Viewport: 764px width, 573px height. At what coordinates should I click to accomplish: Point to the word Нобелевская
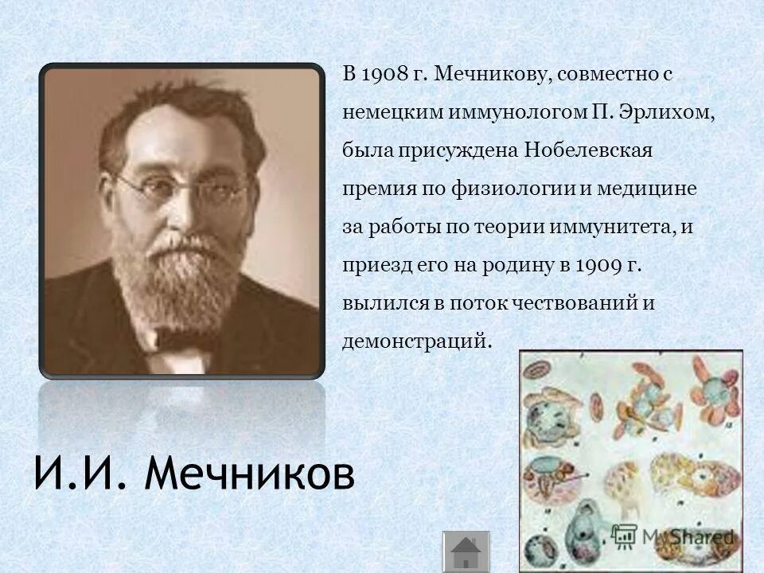587,151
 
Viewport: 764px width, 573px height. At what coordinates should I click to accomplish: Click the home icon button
466,552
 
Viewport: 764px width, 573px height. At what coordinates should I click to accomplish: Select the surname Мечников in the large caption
251,476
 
